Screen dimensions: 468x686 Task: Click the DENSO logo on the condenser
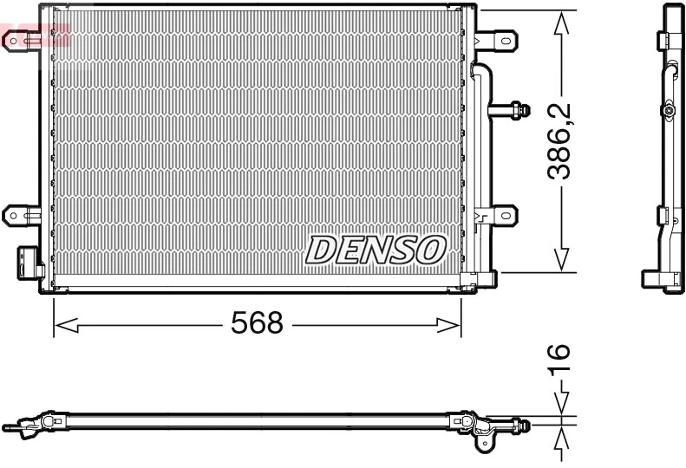(375, 250)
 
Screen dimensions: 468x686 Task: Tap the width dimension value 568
(257, 324)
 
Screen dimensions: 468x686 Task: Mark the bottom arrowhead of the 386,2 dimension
(563, 259)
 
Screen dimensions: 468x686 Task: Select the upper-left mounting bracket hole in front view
(13, 40)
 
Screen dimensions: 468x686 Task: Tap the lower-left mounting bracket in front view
(19, 214)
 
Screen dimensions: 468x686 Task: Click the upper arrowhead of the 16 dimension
(562, 405)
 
